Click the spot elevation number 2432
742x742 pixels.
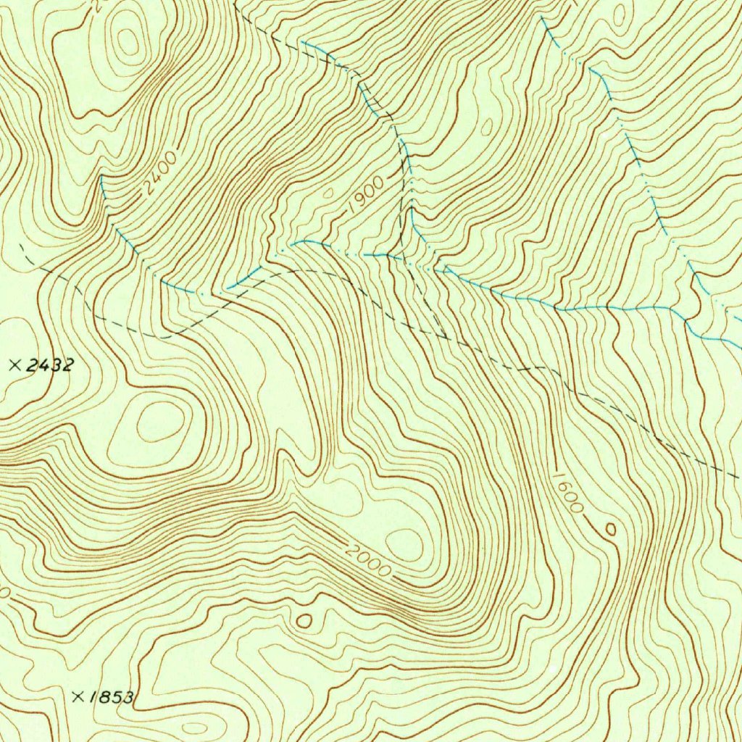[x=49, y=365]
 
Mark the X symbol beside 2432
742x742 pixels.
[x=14, y=365]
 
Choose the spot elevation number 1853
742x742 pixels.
[x=112, y=697]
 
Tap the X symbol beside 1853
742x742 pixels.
[x=78, y=696]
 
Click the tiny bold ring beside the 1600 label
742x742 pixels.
[x=611, y=530]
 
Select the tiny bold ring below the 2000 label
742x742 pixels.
[x=304, y=621]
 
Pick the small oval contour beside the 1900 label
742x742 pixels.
[x=328, y=193]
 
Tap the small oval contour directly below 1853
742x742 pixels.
[x=194, y=728]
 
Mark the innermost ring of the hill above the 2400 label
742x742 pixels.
[x=128, y=41]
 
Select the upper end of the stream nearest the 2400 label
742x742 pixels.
[x=101, y=178]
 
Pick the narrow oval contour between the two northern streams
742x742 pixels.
[x=486, y=128]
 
